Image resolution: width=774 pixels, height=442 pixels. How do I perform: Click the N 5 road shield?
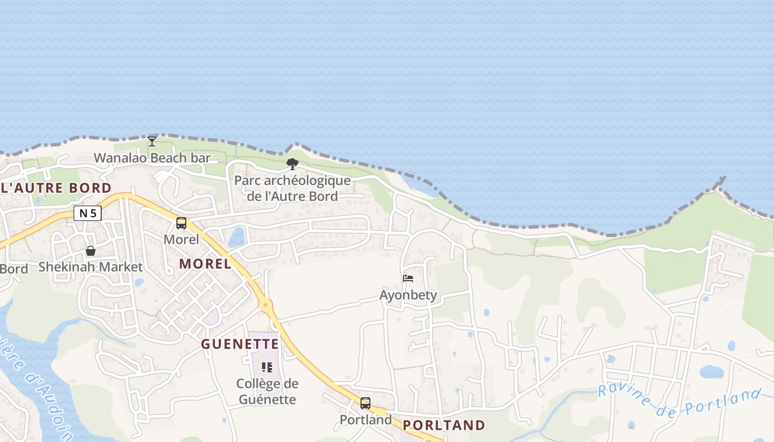tap(87, 213)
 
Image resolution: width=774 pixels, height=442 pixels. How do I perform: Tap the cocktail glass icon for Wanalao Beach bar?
tap(151, 141)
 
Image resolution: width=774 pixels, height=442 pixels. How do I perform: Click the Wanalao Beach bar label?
tap(152, 158)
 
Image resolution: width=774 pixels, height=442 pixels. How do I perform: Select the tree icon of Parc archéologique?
tap(292, 164)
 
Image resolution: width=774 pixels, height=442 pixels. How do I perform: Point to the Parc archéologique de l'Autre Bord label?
tap(292, 188)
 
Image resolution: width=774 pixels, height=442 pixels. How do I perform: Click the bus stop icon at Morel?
tap(181, 223)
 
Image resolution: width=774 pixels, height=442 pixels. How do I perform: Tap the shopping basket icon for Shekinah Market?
tap(91, 251)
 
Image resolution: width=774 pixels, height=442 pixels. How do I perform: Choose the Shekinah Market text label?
tap(91, 267)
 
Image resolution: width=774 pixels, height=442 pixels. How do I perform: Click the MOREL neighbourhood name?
tap(205, 264)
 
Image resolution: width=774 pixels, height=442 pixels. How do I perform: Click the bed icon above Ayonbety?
tap(408, 278)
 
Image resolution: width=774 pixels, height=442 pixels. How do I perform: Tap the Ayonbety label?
tap(408, 295)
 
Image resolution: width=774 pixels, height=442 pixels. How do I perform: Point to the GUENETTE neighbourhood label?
tap(240, 344)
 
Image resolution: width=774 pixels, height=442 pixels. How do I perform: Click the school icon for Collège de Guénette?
tap(268, 367)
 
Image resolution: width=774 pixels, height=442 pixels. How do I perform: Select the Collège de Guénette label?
tap(268, 391)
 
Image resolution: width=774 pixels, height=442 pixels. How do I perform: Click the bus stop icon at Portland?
tap(365, 403)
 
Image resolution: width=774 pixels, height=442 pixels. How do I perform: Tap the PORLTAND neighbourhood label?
tap(444, 425)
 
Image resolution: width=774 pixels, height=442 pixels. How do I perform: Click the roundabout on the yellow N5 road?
tap(266, 304)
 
